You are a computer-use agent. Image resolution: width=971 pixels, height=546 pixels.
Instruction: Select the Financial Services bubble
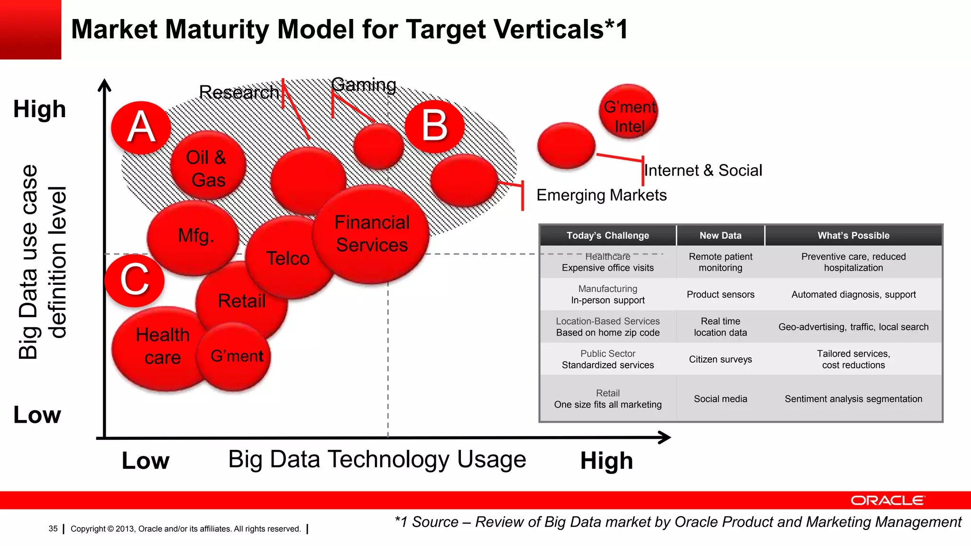(372, 234)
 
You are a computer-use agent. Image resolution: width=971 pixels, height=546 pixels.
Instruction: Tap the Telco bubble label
(288, 258)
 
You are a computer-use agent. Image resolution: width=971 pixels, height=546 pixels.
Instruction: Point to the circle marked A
(141, 127)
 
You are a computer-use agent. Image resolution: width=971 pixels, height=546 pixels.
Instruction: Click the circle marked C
(135, 280)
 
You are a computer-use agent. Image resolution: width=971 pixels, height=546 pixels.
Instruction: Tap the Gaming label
(364, 85)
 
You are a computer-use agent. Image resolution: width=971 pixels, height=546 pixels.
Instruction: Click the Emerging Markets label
(601, 195)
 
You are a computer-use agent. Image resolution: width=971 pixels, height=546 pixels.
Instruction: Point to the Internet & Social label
(703, 170)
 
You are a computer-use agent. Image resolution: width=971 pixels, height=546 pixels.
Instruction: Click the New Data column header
(720, 236)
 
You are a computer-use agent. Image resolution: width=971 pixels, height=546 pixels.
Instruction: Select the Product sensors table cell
(720, 294)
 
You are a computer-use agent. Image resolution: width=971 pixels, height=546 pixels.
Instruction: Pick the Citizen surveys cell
(720, 359)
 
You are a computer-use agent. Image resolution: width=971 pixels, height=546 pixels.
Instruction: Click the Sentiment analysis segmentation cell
(853, 399)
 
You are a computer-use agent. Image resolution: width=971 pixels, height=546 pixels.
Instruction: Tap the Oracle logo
(888, 500)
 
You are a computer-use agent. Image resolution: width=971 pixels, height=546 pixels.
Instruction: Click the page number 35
(53, 528)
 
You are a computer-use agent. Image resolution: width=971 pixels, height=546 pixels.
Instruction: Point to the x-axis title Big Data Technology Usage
(377, 459)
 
